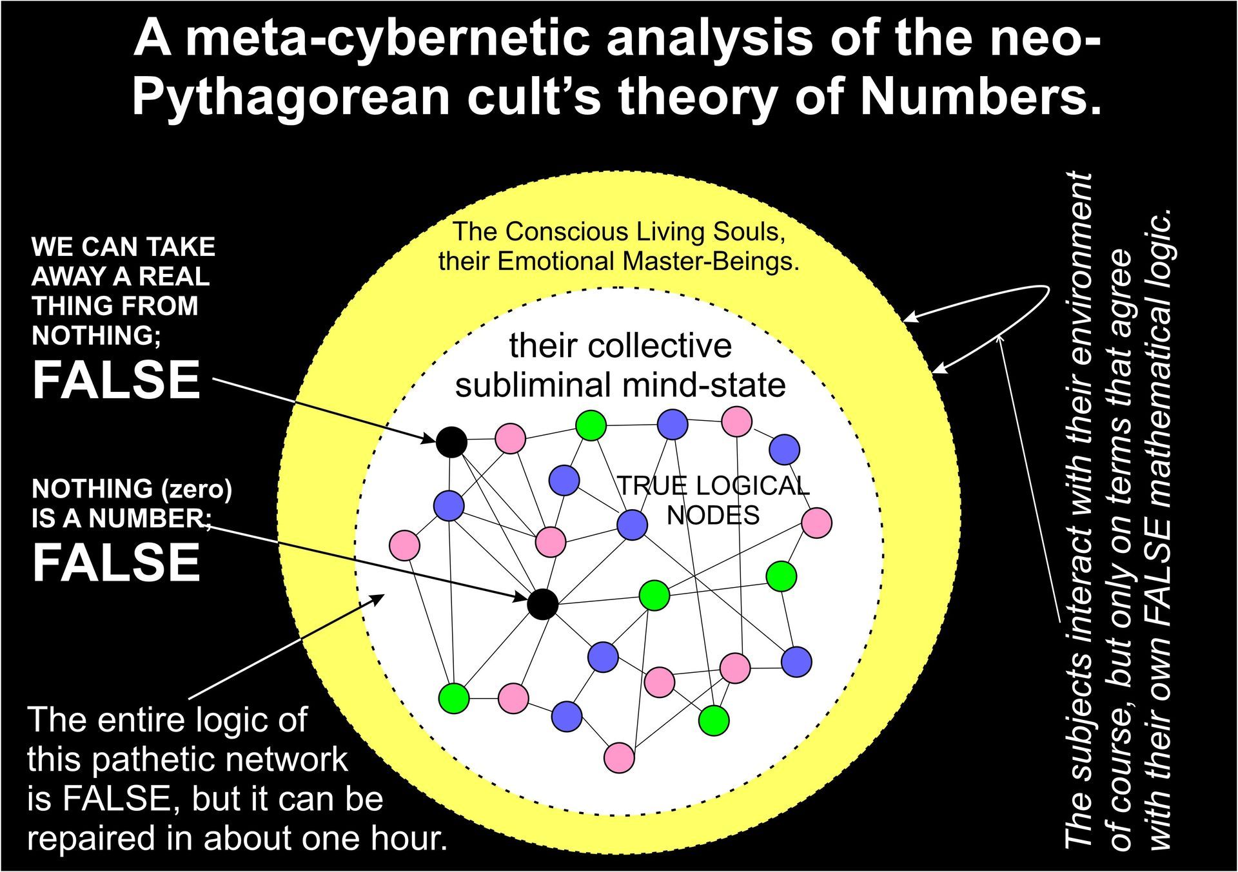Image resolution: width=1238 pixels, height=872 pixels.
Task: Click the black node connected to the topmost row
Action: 451,442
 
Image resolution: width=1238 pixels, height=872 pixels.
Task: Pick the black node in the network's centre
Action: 542,604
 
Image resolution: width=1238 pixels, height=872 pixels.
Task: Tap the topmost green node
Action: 591,425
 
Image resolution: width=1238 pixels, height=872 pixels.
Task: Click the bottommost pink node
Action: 620,757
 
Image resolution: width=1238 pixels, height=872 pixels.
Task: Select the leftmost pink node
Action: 405,545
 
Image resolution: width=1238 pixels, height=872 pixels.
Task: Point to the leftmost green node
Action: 454,697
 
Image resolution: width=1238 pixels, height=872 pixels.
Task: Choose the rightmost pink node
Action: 817,523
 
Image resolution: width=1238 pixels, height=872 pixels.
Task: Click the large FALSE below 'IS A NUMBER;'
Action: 116,562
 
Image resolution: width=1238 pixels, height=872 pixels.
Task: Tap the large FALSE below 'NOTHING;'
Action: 116,380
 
